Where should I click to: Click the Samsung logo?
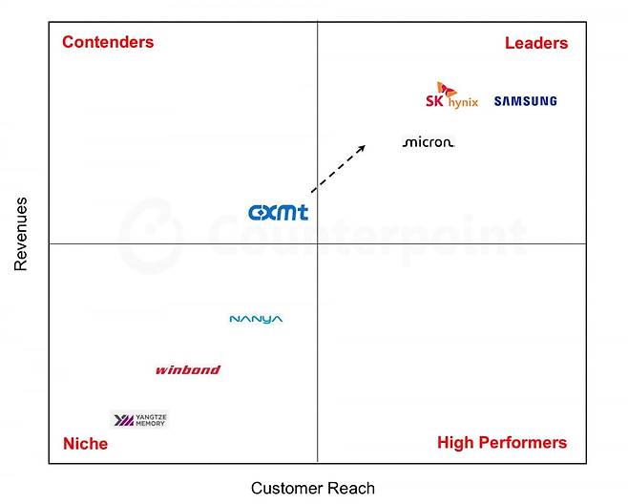(x=526, y=101)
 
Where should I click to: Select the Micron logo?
(x=429, y=142)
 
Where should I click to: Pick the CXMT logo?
(x=279, y=212)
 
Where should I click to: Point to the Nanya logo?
(x=256, y=319)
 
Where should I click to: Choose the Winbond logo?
(x=188, y=369)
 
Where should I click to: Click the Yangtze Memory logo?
(x=139, y=420)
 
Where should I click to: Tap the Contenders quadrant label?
(x=108, y=42)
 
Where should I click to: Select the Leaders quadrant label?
(x=536, y=43)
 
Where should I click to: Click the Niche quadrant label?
(x=85, y=444)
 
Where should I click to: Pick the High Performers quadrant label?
(x=502, y=443)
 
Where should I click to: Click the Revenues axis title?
(x=20, y=234)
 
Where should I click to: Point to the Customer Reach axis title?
(x=313, y=489)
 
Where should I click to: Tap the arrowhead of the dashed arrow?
(x=362, y=148)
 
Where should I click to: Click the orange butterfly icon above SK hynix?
(x=446, y=90)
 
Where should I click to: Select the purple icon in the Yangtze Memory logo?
(x=124, y=420)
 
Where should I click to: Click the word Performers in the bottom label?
(x=523, y=443)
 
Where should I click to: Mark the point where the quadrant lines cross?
(x=317, y=243)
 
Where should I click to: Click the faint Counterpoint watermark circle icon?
(x=151, y=236)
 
